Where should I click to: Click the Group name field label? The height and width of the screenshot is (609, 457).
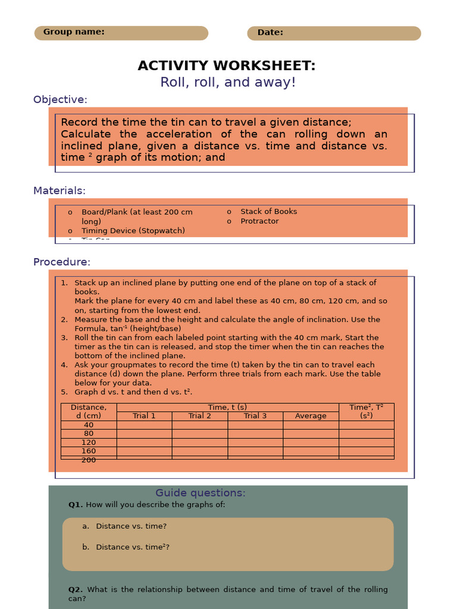(x=74, y=32)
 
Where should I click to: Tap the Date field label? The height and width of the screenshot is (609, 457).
(x=270, y=33)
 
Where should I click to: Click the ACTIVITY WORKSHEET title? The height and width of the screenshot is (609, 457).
(x=227, y=66)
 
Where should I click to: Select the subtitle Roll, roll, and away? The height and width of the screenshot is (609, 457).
(x=228, y=83)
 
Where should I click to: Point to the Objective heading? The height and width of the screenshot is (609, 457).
(x=60, y=100)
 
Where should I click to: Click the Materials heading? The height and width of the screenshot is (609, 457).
(x=60, y=191)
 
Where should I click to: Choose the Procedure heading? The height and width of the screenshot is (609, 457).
(x=62, y=262)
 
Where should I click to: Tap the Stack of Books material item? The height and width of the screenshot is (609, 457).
(x=268, y=212)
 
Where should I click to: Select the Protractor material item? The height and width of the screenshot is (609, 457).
(x=259, y=221)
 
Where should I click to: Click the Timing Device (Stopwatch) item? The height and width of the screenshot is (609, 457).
(x=133, y=231)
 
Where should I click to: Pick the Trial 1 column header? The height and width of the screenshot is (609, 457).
(x=144, y=416)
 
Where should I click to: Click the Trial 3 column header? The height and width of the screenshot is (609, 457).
(x=255, y=416)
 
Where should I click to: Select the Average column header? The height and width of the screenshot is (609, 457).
(x=311, y=416)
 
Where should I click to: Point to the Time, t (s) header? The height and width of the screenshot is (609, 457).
(x=227, y=407)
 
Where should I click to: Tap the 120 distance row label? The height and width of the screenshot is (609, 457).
(x=89, y=442)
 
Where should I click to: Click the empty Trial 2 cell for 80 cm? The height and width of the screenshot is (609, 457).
(x=200, y=434)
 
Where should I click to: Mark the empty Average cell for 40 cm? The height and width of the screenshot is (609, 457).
(x=311, y=425)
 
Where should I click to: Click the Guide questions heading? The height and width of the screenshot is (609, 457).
(x=201, y=493)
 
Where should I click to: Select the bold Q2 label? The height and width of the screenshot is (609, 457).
(x=76, y=590)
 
